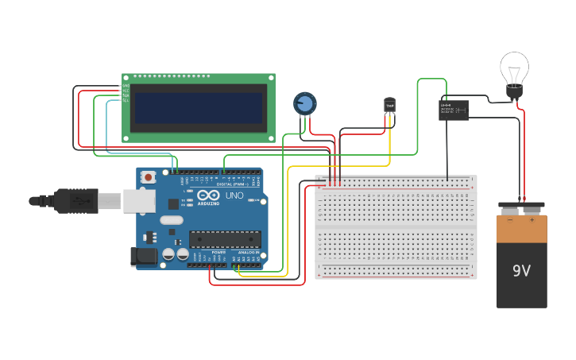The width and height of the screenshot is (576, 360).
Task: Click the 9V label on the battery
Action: point(521,271)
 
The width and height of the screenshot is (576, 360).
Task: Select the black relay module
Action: point(453,110)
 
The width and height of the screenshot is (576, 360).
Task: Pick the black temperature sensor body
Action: point(389,105)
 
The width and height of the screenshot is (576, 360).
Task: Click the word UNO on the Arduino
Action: point(235,195)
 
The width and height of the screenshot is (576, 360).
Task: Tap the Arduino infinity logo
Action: point(208,195)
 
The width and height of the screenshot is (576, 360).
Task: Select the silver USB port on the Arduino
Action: point(139,200)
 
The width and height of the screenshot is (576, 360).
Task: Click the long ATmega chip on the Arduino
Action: point(225,238)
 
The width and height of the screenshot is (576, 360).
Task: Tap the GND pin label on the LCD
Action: point(126,86)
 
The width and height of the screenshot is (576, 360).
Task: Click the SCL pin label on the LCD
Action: point(126,101)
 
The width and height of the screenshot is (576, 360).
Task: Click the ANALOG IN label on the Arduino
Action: point(248,252)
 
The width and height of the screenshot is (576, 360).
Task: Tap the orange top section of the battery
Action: point(521,229)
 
